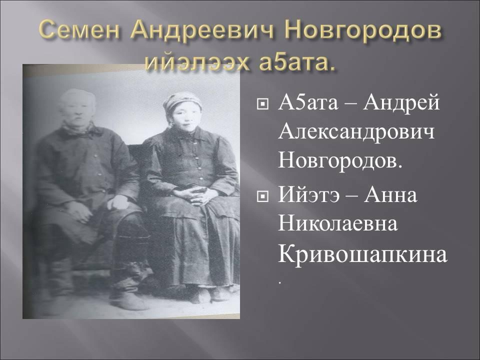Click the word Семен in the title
point(79,30)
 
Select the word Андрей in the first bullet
point(401,103)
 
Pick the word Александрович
point(356,133)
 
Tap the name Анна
point(390,195)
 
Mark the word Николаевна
point(338,224)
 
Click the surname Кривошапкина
point(362,255)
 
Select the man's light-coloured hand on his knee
point(118,202)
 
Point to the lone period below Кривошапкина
point(279,283)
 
